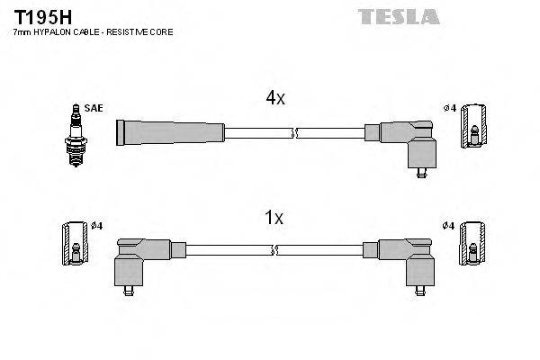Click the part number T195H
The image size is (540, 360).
(37, 16)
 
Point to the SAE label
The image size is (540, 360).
(94, 108)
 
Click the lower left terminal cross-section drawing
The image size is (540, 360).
(76, 243)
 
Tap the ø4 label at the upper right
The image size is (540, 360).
(449, 109)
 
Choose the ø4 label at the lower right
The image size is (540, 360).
(449, 224)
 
